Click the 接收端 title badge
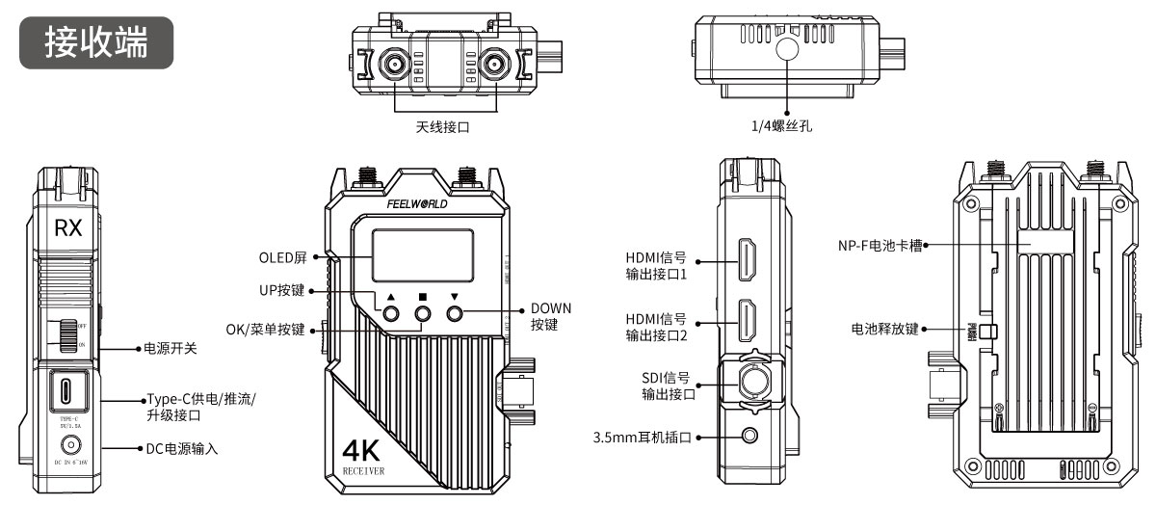pos(97,41)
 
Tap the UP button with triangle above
pos(392,313)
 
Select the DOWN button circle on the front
pos(456,313)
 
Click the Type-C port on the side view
pos(67,392)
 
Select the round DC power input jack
pos(68,445)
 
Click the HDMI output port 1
pos(747,260)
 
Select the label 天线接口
pos(442,125)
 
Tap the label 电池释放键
pos(885,328)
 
